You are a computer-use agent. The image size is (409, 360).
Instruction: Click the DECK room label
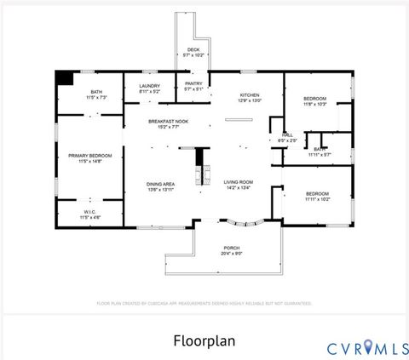coord(193,50)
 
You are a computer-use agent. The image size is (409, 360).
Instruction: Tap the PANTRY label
coord(193,83)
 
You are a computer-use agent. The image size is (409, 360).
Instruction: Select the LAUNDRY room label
coord(150,86)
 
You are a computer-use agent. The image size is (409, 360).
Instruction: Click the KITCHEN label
coord(249,94)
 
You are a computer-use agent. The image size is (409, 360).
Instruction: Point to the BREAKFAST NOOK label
coord(167,122)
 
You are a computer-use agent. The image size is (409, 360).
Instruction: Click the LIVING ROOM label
coord(239,182)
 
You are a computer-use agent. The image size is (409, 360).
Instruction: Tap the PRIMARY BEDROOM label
coord(90,156)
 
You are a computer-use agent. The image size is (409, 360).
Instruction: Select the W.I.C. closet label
coord(90,212)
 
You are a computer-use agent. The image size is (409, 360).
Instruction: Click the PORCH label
coord(233,248)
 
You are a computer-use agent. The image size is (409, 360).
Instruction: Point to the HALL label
coord(287,134)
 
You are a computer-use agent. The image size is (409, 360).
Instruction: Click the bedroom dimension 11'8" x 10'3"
coord(315,105)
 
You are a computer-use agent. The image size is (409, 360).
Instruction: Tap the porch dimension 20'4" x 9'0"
coord(233,254)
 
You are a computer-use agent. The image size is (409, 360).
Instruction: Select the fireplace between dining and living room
coord(202,168)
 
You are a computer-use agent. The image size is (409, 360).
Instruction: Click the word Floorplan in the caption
coord(204,340)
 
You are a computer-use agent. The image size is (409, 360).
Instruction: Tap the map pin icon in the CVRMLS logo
coord(368,346)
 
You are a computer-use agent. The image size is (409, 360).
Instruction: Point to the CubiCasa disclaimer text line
coord(204,302)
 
